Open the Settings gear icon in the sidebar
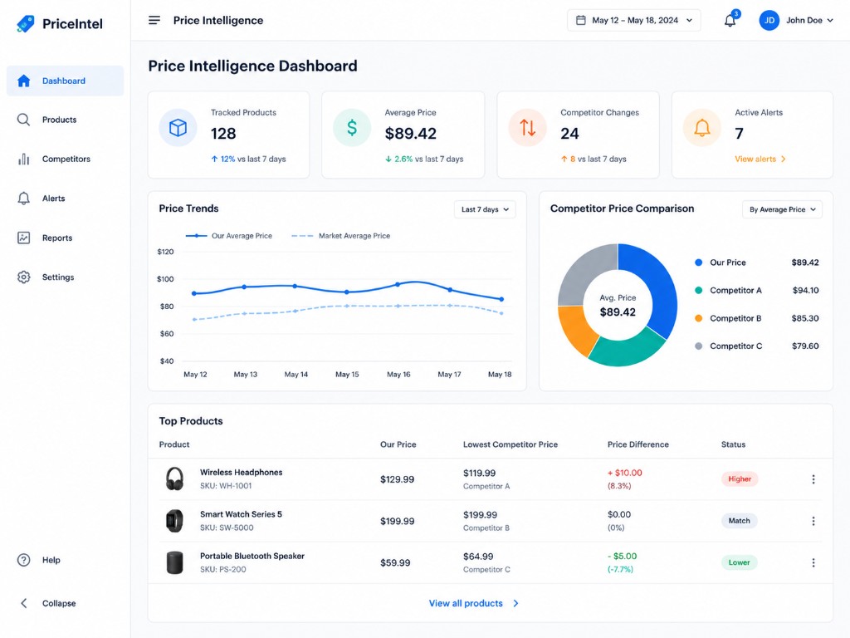click(x=23, y=277)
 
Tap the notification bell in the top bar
click(x=730, y=21)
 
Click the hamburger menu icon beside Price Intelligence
click(x=154, y=21)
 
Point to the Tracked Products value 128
click(x=223, y=134)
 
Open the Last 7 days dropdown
click(x=485, y=209)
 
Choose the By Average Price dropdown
click(x=782, y=209)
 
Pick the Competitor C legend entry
click(x=756, y=346)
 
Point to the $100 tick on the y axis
click(x=165, y=279)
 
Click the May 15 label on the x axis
click(x=347, y=375)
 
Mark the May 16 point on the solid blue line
click(x=398, y=284)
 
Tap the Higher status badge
click(x=740, y=479)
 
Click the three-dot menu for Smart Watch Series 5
click(x=813, y=521)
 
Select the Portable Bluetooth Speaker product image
click(x=174, y=563)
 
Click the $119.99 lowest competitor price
click(x=479, y=473)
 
